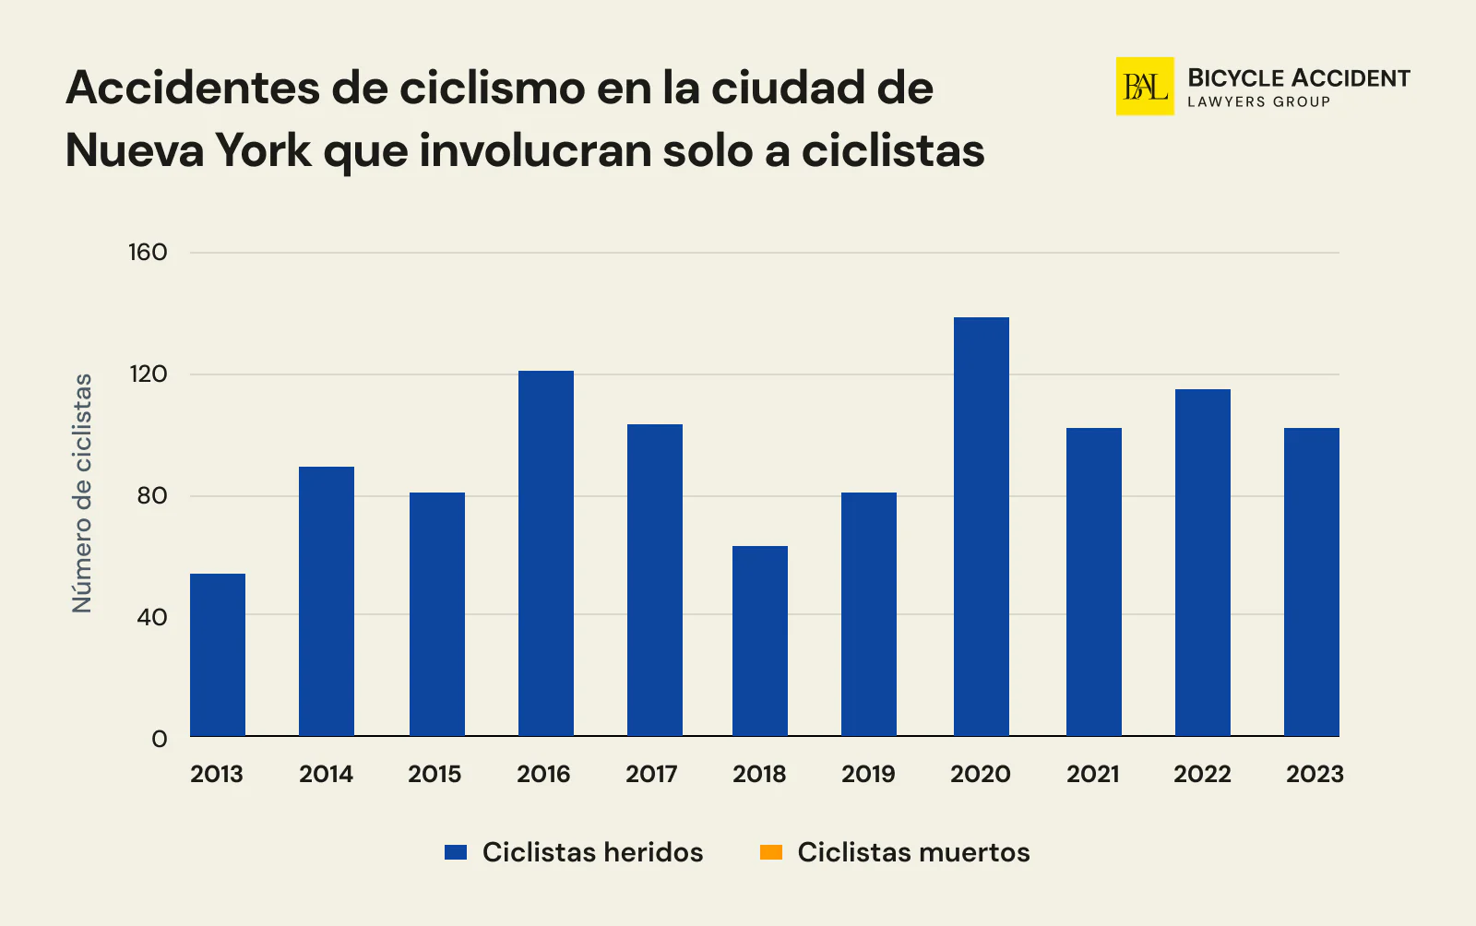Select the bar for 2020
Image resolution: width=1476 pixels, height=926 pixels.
[x=981, y=526]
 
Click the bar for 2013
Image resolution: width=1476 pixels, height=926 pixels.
[x=218, y=655]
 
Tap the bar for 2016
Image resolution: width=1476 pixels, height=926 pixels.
[x=545, y=553]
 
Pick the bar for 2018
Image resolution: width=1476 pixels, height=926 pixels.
[x=760, y=641]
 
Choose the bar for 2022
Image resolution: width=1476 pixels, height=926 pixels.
[x=1202, y=563]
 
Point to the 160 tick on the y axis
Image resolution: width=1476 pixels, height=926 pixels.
[x=148, y=253]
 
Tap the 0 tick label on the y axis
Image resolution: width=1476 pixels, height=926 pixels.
[x=160, y=739]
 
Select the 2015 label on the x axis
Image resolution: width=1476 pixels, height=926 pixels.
[x=434, y=774]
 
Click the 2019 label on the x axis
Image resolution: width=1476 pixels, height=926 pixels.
[x=868, y=774]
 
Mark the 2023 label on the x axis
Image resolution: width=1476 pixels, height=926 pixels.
[x=1315, y=774]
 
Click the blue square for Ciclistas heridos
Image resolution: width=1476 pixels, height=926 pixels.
[x=456, y=852]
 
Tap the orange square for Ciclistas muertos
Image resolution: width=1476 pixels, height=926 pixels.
[x=771, y=852]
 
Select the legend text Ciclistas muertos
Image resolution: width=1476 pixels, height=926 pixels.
[x=913, y=852]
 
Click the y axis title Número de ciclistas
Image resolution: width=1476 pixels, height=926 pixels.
[x=83, y=493]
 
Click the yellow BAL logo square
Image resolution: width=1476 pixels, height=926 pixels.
[x=1145, y=87]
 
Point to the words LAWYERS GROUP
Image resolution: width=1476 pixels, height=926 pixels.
[x=1258, y=102]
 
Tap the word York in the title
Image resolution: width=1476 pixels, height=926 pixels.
[x=264, y=150]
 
